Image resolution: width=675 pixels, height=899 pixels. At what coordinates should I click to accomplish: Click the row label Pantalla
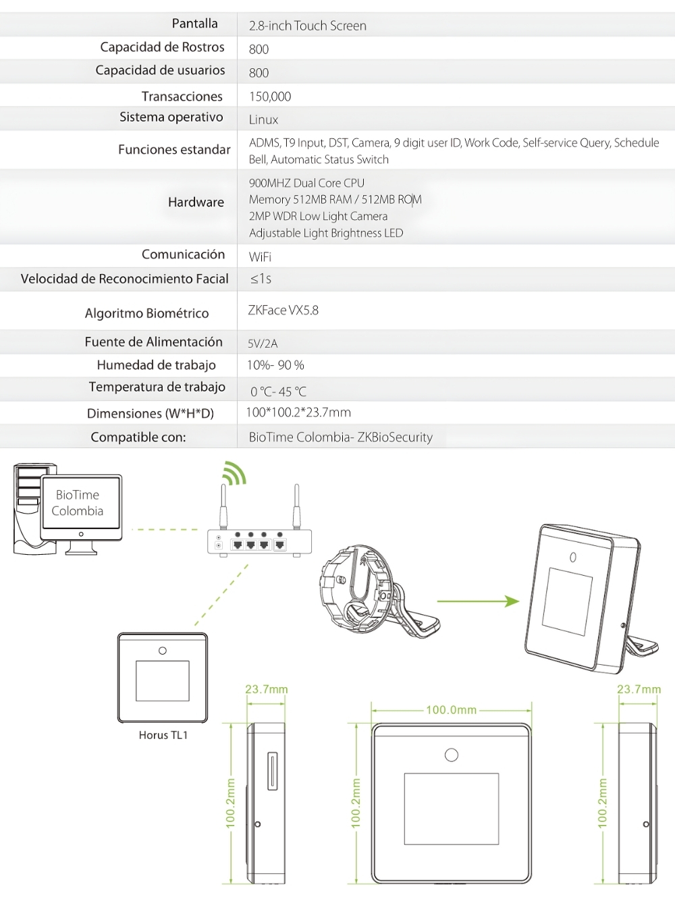pos(194,24)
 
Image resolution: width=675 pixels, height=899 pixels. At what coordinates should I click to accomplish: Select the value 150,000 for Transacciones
pos(270,97)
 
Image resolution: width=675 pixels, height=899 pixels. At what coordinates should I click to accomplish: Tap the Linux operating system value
pos(263,119)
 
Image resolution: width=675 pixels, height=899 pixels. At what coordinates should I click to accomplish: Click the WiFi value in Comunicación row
pos(260,257)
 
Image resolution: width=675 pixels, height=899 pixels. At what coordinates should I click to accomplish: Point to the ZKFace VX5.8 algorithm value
pos(283,310)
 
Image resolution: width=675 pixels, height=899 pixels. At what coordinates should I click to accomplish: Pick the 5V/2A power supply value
pos(263,344)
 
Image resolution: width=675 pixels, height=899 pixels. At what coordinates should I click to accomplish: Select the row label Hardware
pos(196,202)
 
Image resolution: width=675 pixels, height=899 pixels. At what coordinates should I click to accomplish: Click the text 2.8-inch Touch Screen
pos(308,26)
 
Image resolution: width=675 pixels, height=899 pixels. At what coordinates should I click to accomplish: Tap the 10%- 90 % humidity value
pos(275,365)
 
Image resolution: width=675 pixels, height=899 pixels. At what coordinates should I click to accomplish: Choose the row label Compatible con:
pos(138,437)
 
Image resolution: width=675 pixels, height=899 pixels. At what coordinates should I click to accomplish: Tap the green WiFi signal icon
pos(235,472)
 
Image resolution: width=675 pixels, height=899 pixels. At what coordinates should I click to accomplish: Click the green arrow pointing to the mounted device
pos(478,600)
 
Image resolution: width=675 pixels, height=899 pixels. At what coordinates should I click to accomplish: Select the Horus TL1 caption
pos(163,735)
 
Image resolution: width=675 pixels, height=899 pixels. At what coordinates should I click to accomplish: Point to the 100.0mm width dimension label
pos(451,710)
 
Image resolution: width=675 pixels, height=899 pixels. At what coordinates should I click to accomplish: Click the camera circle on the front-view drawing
pos(452,755)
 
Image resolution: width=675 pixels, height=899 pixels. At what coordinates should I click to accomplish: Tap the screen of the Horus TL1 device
pos(163,680)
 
